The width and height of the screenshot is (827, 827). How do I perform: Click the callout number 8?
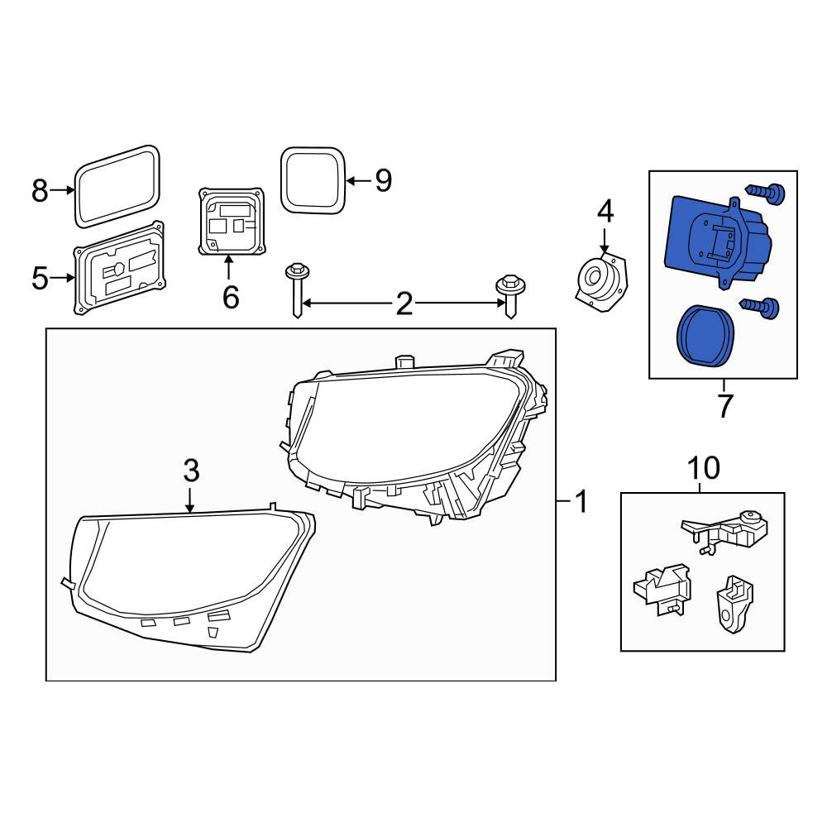tap(40, 190)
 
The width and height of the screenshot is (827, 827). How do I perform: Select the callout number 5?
tap(40, 278)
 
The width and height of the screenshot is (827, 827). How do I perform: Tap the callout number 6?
tap(231, 297)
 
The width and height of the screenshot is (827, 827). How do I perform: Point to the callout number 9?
tap(384, 181)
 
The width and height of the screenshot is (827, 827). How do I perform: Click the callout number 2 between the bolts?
tap(404, 304)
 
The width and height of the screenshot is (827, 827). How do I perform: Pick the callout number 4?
tap(605, 212)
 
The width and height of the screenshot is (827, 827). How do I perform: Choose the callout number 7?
tap(725, 405)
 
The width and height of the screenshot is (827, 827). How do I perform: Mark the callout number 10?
tap(704, 467)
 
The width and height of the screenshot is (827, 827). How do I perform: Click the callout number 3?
tap(191, 471)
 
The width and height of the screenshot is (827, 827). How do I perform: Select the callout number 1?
tap(581, 501)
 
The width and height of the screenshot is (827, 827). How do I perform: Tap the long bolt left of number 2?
tap(296, 290)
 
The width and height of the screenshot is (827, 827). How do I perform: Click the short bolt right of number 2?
tap(509, 296)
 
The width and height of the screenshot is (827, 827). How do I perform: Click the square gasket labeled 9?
tap(313, 180)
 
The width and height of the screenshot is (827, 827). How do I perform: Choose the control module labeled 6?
tap(231, 221)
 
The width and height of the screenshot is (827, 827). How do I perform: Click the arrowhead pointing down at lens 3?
tap(190, 508)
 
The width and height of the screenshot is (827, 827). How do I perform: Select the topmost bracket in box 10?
tap(724, 529)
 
